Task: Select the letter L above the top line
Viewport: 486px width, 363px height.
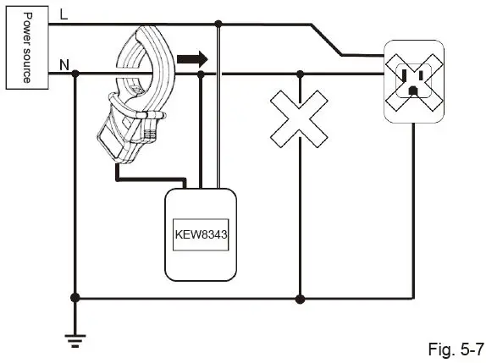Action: coord(64,14)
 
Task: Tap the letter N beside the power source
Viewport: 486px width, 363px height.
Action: coord(64,64)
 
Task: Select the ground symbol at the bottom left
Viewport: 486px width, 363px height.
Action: coord(76,338)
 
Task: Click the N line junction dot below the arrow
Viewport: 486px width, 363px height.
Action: coord(201,74)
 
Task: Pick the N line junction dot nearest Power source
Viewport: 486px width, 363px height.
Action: coord(76,74)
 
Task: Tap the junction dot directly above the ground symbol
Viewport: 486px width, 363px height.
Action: coord(76,298)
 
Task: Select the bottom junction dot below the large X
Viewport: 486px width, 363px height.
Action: coord(300,298)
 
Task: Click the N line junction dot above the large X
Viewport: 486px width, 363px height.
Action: coord(300,74)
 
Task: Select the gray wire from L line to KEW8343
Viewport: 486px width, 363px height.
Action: coord(218,110)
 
